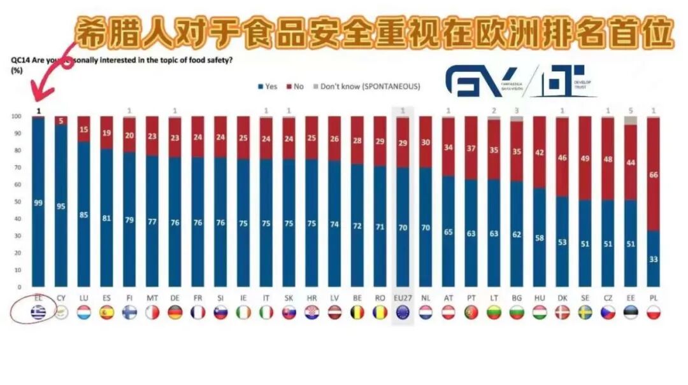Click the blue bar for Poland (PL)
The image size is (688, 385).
pos(653,258)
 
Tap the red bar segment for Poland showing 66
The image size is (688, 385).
pos(653,174)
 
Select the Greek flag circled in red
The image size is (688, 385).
pos(38,312)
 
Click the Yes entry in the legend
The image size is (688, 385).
pos(268,86)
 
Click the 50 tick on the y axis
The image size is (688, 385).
pos(17,202)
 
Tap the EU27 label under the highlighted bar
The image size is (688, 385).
pos(403,297)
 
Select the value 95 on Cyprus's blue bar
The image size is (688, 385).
pos(61,206)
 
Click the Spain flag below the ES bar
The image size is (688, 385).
pos(106,312)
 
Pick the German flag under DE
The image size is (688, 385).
pos(175,312)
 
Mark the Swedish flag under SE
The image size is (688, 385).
pos(585,312)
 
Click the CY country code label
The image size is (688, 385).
pos(61,297)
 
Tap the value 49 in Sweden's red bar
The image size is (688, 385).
pos(585,158)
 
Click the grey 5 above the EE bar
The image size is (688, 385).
pos(631,110)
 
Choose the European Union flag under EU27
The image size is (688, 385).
pos(403,312)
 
